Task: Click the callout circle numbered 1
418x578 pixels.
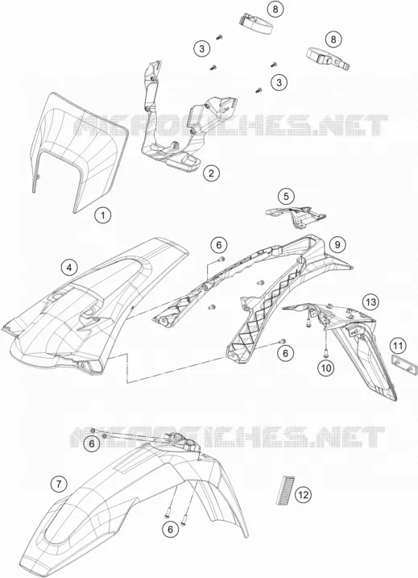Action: (103, 215)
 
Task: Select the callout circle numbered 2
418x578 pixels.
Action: (211, 173)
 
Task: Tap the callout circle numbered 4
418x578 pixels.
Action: (69, 268)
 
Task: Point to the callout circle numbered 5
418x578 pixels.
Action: (286, 197)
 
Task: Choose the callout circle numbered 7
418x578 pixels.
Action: (59, 483)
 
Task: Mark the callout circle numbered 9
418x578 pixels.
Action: (337, 243)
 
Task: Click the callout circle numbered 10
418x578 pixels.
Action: (327, 368)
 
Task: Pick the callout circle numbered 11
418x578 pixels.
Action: (398, 346)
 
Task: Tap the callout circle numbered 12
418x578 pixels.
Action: (303, 494)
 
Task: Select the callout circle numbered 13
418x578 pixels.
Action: (370, 302)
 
